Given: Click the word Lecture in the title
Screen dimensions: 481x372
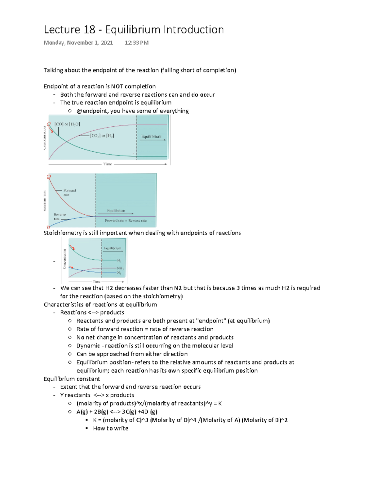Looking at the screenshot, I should pyautogui.click(x=62, y=30).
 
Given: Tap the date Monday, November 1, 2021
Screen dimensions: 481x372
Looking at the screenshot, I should pyautogui.click(x=78, y=43).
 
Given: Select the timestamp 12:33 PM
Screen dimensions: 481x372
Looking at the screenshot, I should pyautogui.click(x=136, y=43).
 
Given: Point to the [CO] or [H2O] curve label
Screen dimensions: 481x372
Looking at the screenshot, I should pyautogui.click(x=67, y=124).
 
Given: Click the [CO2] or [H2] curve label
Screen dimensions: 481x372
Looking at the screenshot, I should pyautogui.click(x=102, y=136).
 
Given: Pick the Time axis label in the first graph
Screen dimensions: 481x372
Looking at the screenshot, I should pyautogui.click(x=107, y=164).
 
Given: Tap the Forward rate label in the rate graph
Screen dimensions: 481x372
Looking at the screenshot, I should pyautogui.click(x=69, y=193).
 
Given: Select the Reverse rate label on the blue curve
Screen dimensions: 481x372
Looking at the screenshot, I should pyautogui.click(x=60, y=216).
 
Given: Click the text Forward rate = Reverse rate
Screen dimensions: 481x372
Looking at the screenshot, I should pyautogui.click(x=126, y=221).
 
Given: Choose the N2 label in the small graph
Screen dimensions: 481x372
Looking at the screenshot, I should pyautogui.click(x=119, y=273).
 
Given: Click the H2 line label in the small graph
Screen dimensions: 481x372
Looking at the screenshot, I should pyautogui.click(x=119, y=261).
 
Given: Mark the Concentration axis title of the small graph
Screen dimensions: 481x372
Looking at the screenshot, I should pyautogui.click(x=64, y=259).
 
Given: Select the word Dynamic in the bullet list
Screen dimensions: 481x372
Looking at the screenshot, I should pyautogui.click(x=88, y=346).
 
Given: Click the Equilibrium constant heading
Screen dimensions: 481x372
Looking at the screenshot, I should pyautogui.click(x=72, y=379).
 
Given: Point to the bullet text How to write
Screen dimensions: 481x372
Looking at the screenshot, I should pyautogui.click(x=111, y=428).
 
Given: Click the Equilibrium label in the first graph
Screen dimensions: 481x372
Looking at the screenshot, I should pyautogui.click(x=151, y=136).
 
